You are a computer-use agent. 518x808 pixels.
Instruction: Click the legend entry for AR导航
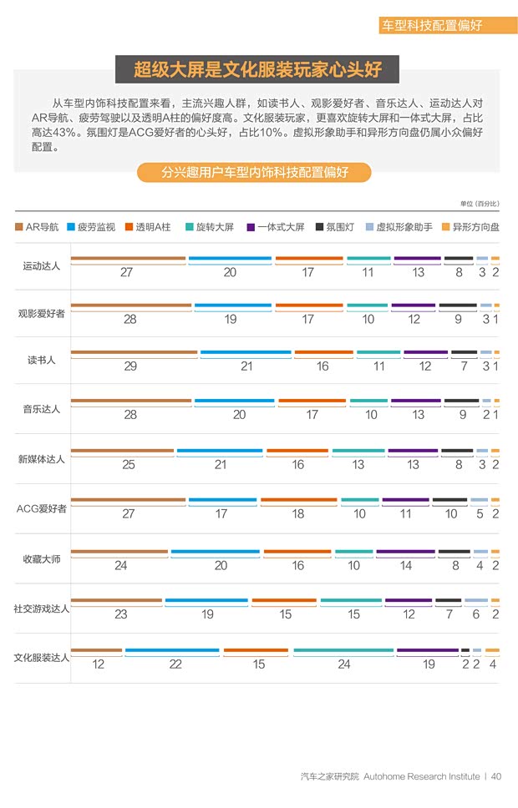click(38, 226)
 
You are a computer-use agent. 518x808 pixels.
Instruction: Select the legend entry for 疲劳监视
click(95, 226)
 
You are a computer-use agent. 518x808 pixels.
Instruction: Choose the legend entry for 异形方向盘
click(474, 226)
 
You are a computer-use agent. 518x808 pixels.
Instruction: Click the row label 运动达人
click(41, 266)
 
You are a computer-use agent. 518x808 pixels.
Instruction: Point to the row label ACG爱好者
click(41, 508)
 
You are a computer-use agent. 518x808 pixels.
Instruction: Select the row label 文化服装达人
click(41, 658)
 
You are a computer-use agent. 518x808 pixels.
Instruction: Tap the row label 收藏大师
click(41, 558)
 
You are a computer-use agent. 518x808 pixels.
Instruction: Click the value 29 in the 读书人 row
click(130, 366)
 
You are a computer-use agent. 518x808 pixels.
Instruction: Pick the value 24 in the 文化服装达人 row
click(344, 664)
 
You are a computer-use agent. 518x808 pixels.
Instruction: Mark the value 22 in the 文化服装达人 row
click(175, 664)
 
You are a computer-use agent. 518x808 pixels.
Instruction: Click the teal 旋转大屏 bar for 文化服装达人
click(343, 650)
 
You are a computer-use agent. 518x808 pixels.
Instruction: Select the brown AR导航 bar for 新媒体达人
click(122, 452)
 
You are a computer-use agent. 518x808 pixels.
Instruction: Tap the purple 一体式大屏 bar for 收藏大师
click(405, 552)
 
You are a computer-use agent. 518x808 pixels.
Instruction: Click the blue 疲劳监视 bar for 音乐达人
click(234, 401)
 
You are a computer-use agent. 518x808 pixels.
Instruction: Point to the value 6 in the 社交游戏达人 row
click(476, 614)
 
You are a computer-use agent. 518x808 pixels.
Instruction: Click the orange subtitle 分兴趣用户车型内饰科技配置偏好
click(254, 173)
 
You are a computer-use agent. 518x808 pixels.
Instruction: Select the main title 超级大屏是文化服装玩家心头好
click(256, 68)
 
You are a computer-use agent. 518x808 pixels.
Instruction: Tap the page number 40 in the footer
click(496, 776)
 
